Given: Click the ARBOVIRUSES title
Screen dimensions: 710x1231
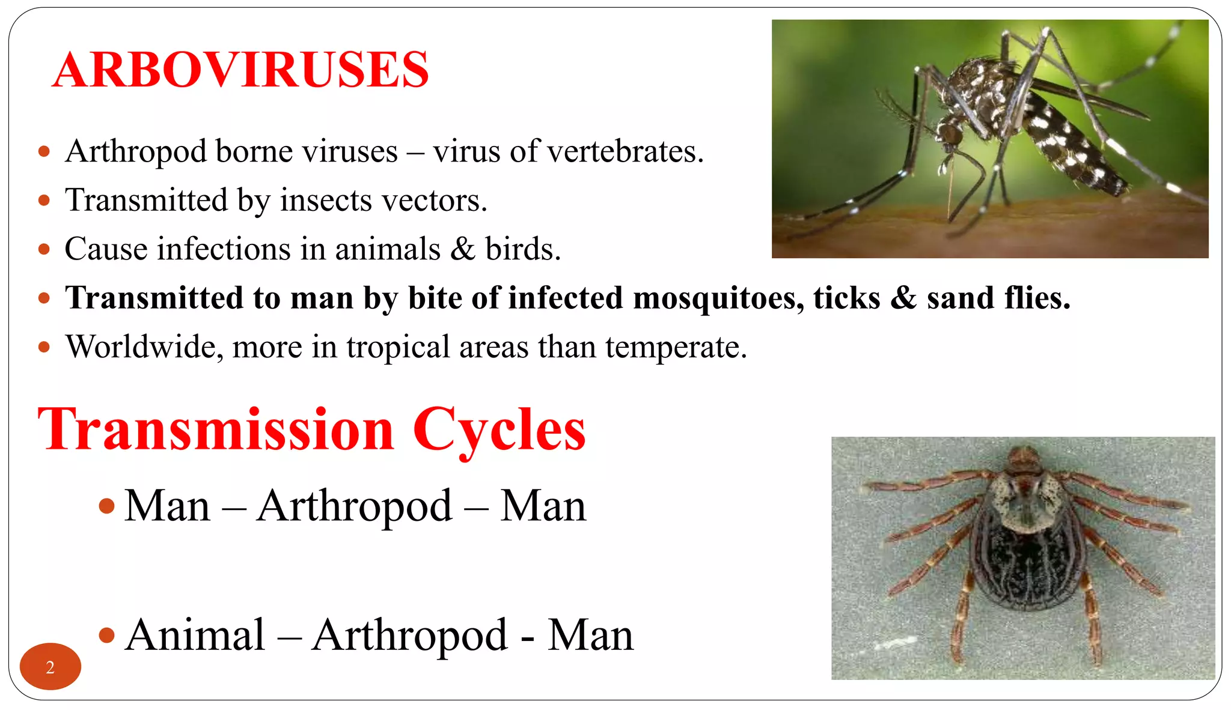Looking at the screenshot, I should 240,70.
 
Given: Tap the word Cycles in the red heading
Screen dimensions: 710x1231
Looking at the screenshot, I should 498,430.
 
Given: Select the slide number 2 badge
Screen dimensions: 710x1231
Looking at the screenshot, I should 50,667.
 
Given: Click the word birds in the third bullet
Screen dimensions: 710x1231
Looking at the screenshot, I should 522,249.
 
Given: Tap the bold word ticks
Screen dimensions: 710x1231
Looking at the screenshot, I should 846,299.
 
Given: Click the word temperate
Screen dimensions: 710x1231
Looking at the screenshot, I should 676,347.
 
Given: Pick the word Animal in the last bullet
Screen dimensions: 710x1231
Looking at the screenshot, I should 195,636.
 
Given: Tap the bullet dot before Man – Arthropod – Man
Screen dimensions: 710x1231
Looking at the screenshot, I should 106,506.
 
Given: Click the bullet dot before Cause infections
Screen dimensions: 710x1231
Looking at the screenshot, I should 43,249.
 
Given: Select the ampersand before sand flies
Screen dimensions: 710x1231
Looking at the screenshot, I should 903,299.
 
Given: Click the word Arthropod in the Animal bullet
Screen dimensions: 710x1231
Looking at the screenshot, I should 410,636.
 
